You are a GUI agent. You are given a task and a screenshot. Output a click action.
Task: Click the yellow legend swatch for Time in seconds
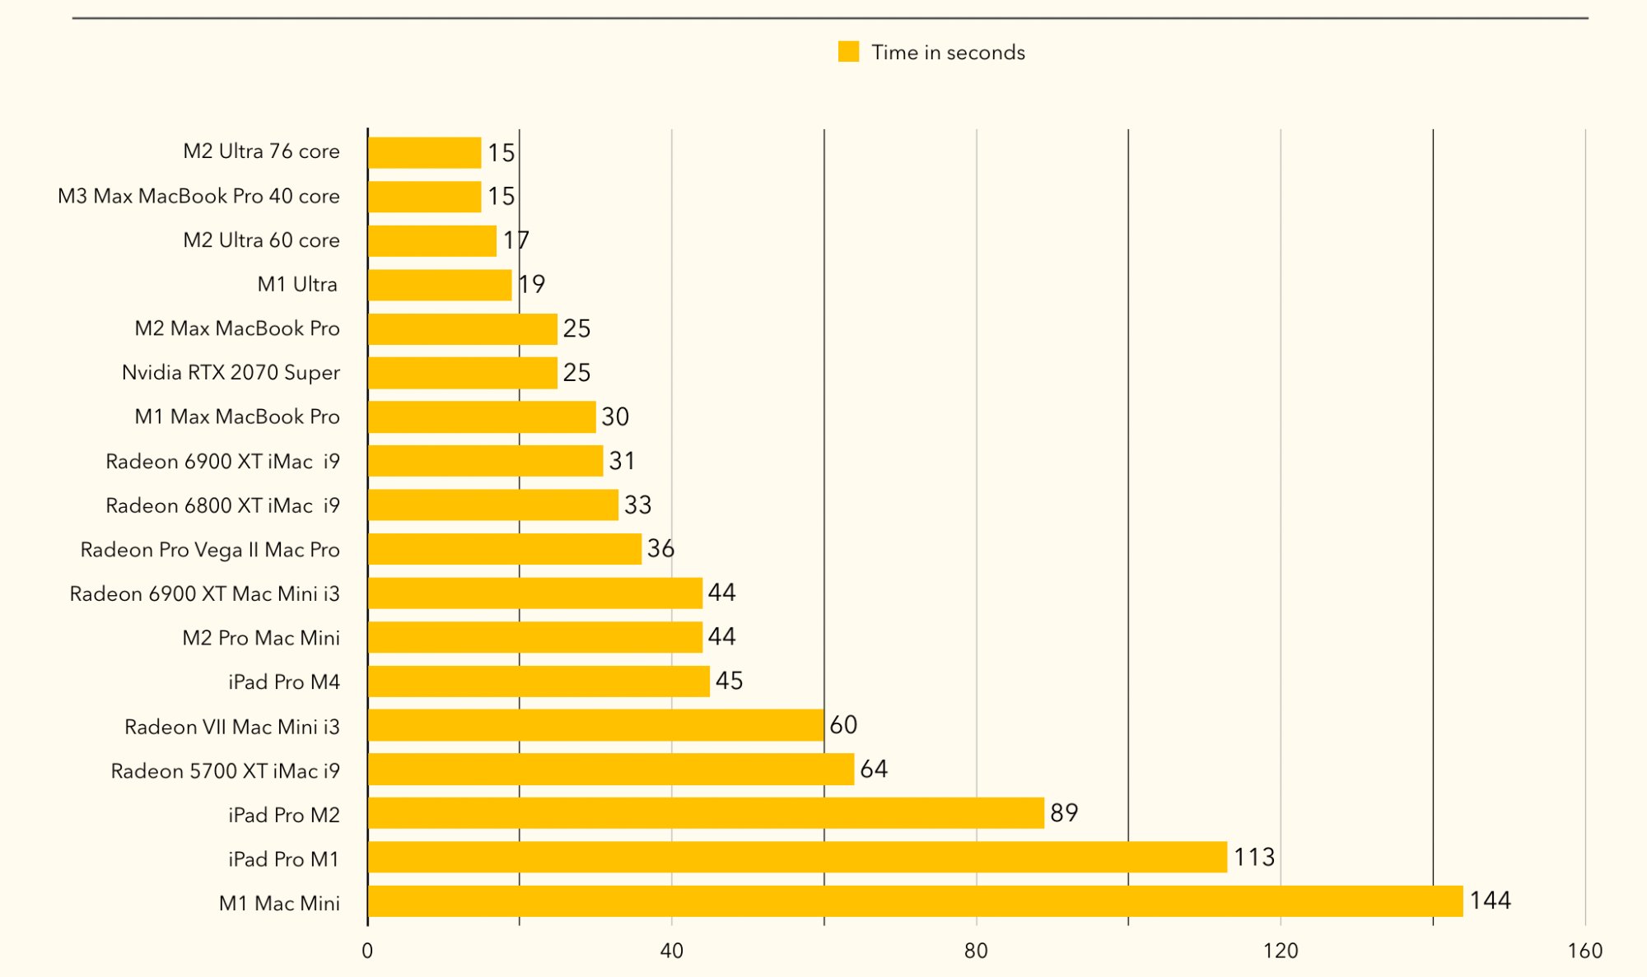848,52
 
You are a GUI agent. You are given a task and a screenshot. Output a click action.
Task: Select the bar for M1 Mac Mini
915,901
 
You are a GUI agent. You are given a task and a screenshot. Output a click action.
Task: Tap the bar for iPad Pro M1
797,857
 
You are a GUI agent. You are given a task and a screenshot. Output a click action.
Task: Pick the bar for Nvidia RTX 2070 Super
463,373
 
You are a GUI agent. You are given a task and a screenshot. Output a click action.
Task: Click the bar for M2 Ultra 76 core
424,153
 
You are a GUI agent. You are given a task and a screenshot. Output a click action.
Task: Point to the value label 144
1490,900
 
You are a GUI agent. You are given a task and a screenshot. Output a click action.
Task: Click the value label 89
1064,813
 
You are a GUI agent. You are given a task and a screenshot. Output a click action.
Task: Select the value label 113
1253,858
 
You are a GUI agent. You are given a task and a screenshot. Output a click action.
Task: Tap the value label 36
660,549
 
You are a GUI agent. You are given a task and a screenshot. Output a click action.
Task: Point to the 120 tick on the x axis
1281,951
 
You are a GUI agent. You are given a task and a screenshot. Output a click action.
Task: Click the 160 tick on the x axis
1584,951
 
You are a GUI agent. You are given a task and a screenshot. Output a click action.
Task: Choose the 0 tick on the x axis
367,951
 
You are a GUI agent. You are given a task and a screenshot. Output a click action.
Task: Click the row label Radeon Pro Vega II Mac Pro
210,550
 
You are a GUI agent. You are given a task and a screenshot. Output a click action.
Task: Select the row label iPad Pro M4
284,682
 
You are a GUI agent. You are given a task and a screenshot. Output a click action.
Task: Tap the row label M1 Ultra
297,285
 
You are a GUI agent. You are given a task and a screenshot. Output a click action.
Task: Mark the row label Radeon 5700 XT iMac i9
225,771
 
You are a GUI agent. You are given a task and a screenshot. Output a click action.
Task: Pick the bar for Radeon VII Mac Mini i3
595,725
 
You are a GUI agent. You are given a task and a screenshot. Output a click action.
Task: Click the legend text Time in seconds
948,53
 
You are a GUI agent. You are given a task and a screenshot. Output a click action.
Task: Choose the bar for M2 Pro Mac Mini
535,637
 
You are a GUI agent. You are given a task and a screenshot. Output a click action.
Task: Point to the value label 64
874,770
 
